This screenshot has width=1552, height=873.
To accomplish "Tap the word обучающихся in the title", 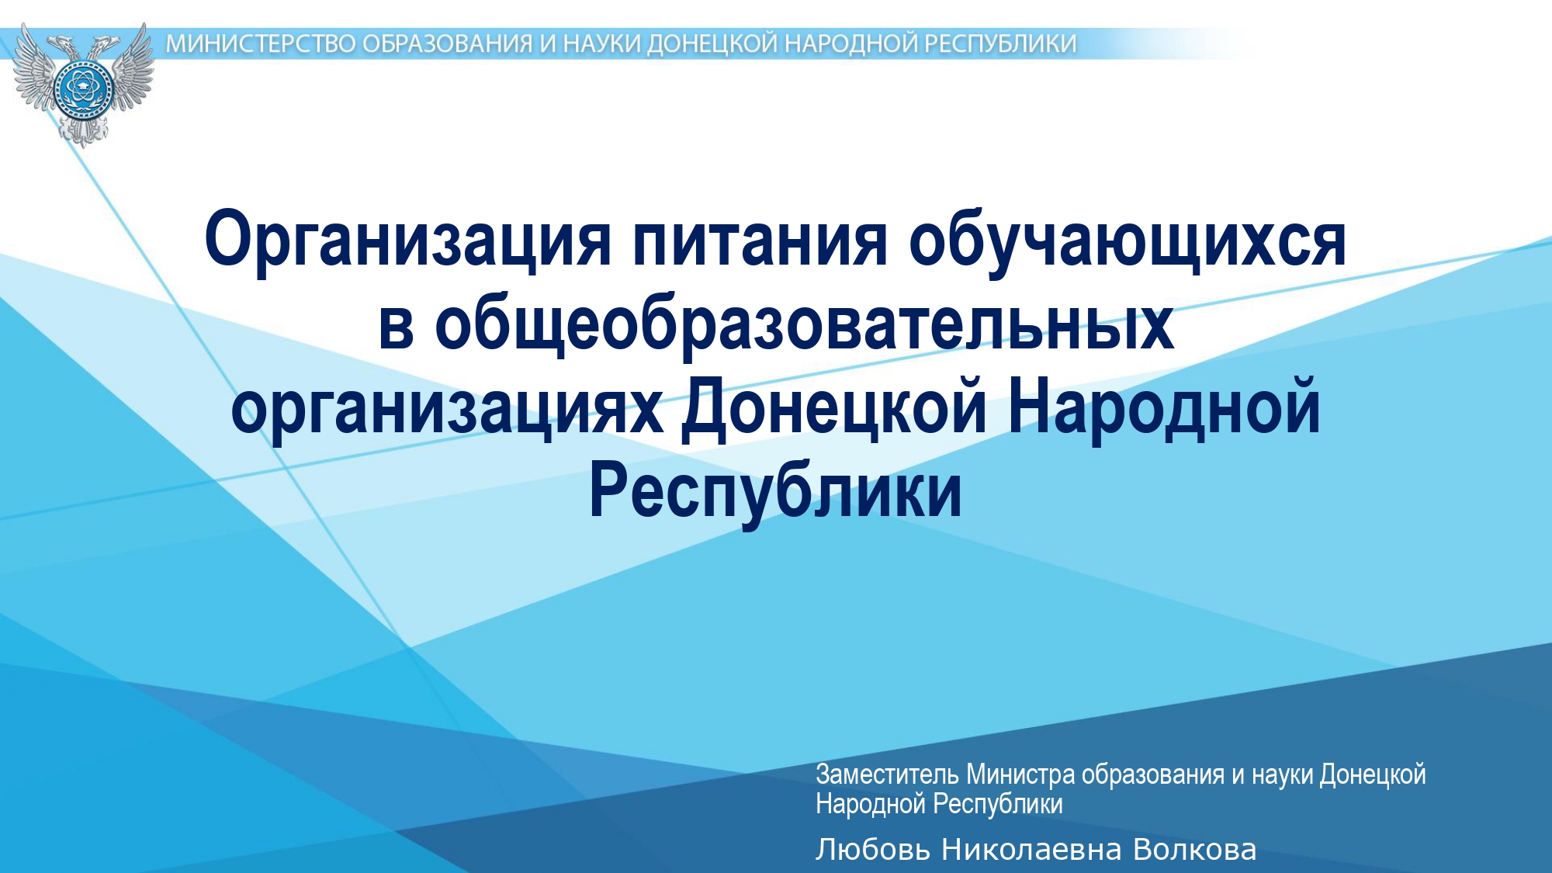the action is coord(1128,241).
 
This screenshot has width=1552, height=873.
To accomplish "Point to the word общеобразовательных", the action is coord(804,324).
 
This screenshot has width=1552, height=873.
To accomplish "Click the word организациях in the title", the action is coord(447,409).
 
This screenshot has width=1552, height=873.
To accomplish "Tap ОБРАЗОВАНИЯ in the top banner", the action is coord(447,44).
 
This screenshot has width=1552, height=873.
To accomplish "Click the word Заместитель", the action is coord(888,774).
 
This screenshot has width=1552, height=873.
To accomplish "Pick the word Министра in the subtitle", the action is coord(1020,774).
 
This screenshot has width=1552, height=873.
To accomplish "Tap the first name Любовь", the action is coord(873,850).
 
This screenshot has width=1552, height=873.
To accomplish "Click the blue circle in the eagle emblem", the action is coord(82,88).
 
